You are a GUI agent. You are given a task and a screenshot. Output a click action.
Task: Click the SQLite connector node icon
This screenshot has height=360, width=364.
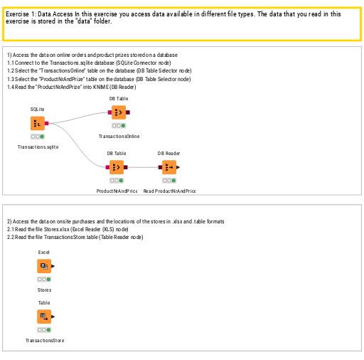[38, 123]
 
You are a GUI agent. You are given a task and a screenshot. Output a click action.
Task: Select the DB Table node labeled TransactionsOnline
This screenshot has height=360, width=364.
[119, 112]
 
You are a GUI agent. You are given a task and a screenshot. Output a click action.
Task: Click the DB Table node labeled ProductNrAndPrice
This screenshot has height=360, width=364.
[117, 167]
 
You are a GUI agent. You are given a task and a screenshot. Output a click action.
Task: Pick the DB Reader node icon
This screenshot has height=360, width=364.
[168, 167]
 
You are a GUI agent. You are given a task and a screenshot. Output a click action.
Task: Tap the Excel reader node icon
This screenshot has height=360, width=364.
[44, 266]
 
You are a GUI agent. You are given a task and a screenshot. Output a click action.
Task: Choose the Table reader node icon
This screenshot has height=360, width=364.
[44, 317]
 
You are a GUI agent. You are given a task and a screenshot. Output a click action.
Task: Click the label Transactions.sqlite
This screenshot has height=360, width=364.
[38, 147]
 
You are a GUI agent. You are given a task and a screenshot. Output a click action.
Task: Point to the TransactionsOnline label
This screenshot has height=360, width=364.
[119, 135]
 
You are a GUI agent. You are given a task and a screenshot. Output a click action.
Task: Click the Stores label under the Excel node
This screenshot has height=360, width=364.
[44, 290]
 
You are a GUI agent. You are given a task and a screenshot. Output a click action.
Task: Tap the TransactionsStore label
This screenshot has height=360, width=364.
[44, 341]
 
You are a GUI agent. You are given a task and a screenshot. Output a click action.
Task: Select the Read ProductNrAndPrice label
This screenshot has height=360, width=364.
[169, 191]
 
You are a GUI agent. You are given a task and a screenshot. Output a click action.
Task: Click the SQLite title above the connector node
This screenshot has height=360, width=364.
[38, 109]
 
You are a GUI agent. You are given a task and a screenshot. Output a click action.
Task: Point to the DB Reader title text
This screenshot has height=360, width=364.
[168, 153]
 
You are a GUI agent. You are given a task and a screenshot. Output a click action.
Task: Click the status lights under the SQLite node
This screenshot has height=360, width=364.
[38, 136]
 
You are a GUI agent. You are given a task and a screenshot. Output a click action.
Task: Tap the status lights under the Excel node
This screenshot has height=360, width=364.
[44, 279]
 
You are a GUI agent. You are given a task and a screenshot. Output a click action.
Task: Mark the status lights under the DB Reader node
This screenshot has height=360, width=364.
[168, 180]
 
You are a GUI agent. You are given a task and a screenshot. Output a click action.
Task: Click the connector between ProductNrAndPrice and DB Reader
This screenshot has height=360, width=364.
[143, 167]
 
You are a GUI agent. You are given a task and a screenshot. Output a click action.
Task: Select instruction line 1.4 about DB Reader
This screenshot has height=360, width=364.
[71, 87]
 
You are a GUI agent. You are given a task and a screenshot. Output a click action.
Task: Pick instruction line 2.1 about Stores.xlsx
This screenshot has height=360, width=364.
[68, 229]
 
